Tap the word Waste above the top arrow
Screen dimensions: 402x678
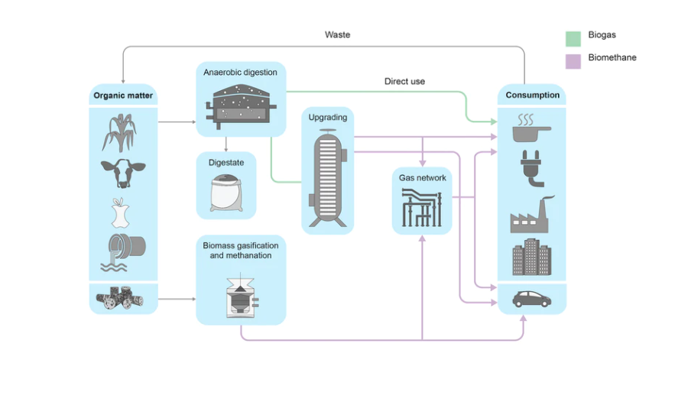click(337, 35)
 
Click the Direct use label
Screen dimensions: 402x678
click(404, 81)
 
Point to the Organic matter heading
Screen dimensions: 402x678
click(123, 96)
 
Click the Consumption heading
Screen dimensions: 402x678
click(533, 96)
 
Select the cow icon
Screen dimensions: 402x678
click(122, 172)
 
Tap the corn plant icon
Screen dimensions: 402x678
click(120, 131)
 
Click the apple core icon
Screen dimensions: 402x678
click(120, 213)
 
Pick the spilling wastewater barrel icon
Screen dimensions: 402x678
click(122, 253)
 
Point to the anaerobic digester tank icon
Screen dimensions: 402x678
click(240, 105)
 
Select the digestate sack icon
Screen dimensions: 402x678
click(225, 193)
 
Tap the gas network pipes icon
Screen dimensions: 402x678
click(421, 207)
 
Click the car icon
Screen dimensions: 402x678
click(533, 298)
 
